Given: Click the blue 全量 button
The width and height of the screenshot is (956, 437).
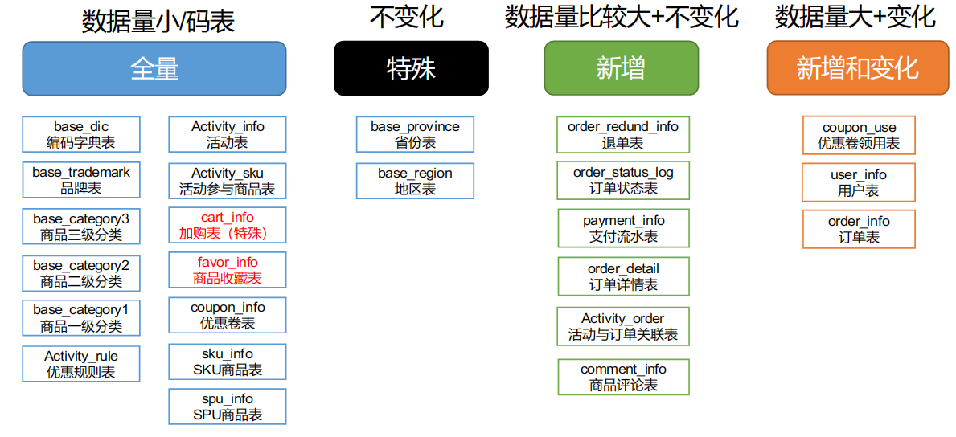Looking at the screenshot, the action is coord(154,68).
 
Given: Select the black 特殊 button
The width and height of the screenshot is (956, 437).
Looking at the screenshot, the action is coord(411,68).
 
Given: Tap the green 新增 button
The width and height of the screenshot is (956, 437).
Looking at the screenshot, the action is coord(622,68).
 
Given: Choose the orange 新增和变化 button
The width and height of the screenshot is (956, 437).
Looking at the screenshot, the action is coord(858,68).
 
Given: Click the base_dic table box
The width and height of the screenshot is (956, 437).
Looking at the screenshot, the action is coord(81,135).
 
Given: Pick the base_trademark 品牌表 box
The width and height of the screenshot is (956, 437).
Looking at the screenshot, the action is coord(81,180).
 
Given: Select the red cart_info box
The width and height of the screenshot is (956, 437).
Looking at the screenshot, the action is coord(228,226).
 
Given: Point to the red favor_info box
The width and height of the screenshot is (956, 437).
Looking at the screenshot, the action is coord(228,270).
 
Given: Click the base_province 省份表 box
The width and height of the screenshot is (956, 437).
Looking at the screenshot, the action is coord(415,135).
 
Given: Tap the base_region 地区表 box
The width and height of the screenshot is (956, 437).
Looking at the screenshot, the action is coord(415,181).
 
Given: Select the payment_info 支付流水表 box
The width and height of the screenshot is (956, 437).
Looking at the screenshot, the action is coord(624,228).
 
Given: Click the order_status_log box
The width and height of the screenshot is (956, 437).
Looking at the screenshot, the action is coord(623,181).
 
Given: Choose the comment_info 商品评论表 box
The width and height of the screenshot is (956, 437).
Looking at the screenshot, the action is coord(623,377).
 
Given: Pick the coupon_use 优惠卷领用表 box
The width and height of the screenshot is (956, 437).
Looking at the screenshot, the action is coord(859,135).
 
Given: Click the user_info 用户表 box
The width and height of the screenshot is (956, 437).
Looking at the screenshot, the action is coord(859,182).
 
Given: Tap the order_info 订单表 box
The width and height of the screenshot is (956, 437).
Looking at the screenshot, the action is coord(859,229).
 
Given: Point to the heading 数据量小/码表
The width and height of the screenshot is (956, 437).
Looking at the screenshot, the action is coord(158,22).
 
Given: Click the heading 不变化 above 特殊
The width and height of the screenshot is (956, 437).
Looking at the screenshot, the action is coord(407,18).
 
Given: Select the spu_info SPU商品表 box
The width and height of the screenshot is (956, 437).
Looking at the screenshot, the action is coord(228,406).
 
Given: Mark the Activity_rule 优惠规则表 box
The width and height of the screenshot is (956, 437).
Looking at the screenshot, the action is coord(81,364).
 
